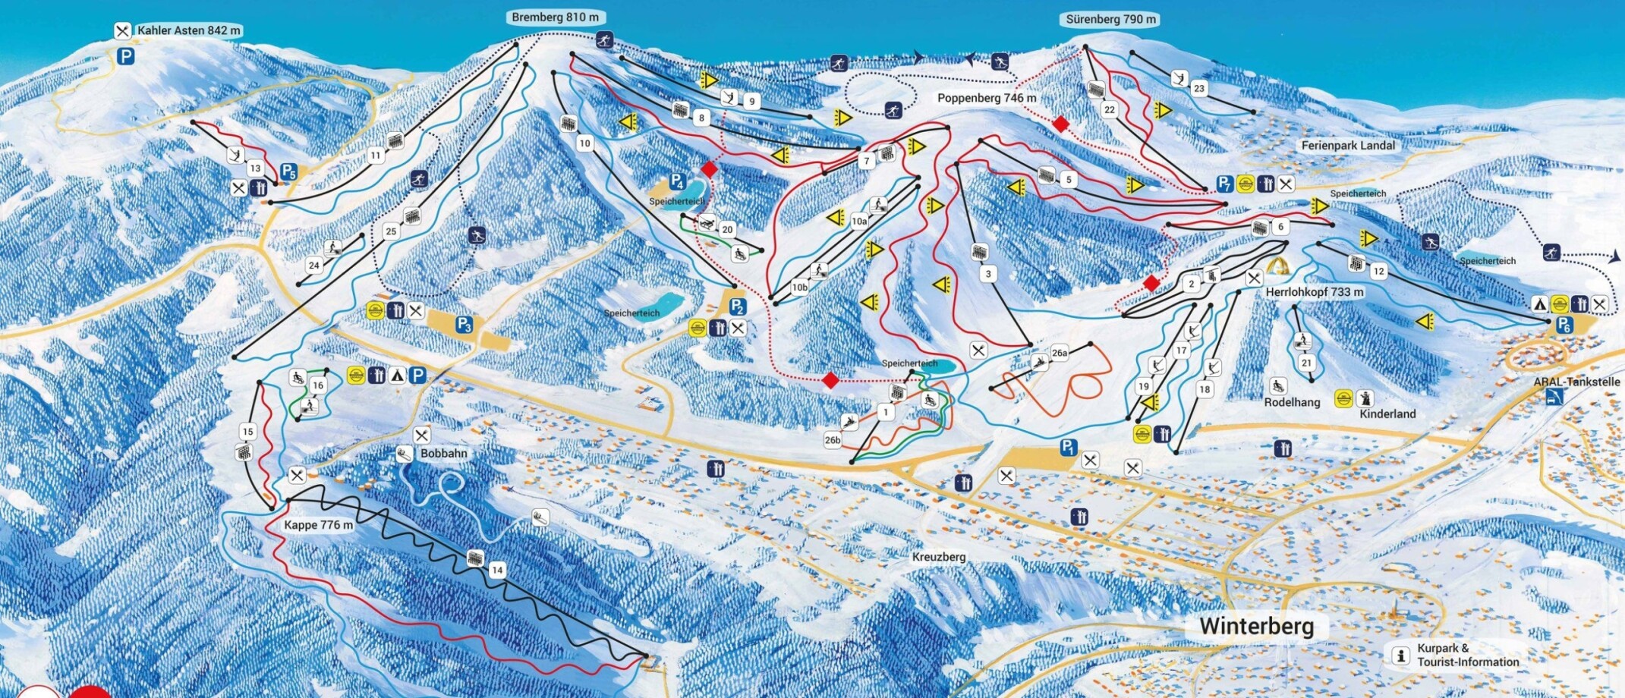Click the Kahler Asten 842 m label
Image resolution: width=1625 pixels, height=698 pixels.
coord(188,31)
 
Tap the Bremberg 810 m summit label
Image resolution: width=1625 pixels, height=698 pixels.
coord(555,17)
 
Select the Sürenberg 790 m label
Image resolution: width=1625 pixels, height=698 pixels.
coord(1111,20)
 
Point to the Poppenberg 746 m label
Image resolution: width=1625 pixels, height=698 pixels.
coord(986,99)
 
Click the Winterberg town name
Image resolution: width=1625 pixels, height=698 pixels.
coord(1256,627)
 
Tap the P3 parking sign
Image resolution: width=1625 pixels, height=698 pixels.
coord(465,325)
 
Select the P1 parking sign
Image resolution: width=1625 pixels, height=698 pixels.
coord(1068,448)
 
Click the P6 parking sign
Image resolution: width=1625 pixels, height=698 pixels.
coord(1564,325)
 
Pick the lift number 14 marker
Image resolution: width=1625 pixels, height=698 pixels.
coord(497,570)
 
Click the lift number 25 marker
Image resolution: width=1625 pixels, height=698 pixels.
coord(391,231)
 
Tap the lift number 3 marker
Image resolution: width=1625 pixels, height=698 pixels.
coord(987,274)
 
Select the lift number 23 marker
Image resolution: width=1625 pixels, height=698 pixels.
coord(1198,88)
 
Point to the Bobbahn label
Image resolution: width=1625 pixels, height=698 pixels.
coord(444,454)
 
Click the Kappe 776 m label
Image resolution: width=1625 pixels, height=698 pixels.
coord(318,525)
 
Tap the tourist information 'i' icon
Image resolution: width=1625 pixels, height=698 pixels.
coord(1401,656)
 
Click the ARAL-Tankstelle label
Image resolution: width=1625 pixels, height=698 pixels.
coord(1576,382)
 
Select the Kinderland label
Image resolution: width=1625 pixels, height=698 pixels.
coord(1387,414)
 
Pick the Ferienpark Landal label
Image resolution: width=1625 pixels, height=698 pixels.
coord(1348,146)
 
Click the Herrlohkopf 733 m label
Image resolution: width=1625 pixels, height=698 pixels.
coord(1315,292)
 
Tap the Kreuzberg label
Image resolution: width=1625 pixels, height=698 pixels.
coord(939,557)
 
